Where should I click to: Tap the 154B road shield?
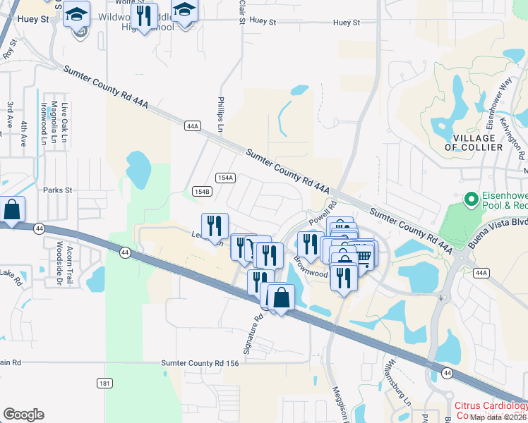pos(202,191)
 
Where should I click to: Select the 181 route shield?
pos(104,383)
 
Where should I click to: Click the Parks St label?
pos(58,190)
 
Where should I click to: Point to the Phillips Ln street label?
pos(220,115)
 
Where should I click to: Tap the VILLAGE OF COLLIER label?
pos(474,142)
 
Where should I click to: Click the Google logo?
pos(23,415)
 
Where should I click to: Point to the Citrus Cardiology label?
pos(491,406)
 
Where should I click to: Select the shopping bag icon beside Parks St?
pos(13,210)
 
